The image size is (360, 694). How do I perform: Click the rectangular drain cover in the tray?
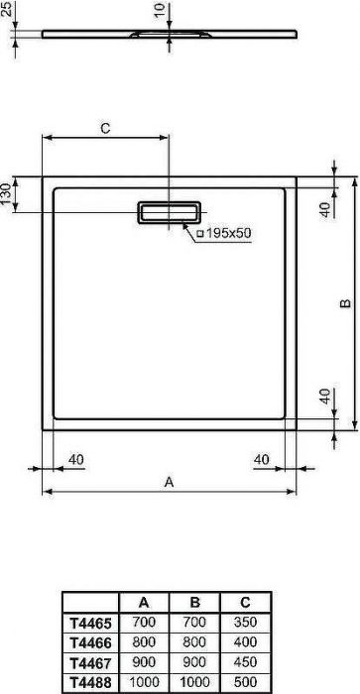click(x=170, y=212)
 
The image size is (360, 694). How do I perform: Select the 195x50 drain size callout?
click(x=224, y=232)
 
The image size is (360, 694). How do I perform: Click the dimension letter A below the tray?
click(x=170, y=482)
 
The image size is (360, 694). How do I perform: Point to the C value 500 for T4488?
click(x=244, y=683)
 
